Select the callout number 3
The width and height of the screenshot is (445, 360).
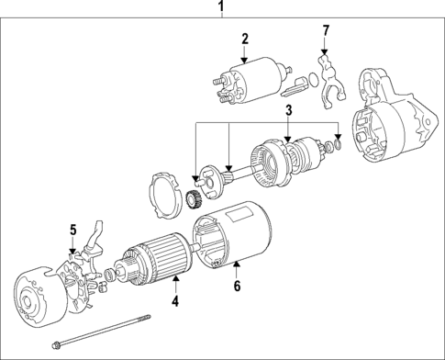(288, 110)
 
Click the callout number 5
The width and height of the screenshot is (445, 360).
(72, 229)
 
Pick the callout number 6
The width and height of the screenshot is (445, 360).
(236, 287)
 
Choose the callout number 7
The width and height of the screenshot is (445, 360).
(325, 33)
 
